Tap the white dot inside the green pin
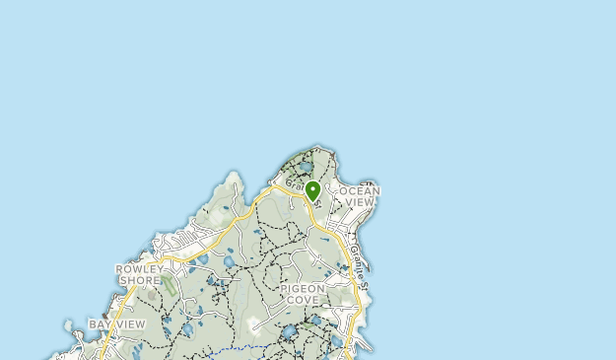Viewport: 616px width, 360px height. pyautogui.click(x=312, y=187)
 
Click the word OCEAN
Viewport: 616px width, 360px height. pyautogui.click(x=359, y=190)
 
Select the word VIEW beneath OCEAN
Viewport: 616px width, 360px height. pyautogui.click(x=360, y=202)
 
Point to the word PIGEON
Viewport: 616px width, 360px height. pyautogui.click(x=302, y=289)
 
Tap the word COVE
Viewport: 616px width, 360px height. pyautogui.click(x=302, y=300)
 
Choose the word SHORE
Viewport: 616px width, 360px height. pyautogui.click(x=139, y=280)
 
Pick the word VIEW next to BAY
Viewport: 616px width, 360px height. pyautogui.click(x=129, y=324)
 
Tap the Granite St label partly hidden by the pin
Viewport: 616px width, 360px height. pyautogui.click(x=297, y=184)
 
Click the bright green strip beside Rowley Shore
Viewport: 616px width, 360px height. pyautogui.click(x=168, y=287)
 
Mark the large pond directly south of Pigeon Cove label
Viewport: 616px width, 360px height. pyautogui.click(x=288, y=333)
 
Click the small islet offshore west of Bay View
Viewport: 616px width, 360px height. pyautogui.click(x=67, y=324)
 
